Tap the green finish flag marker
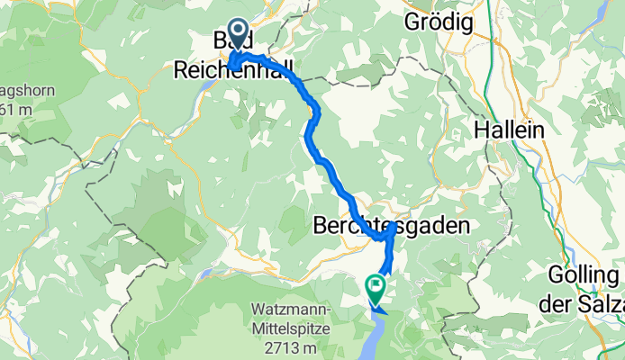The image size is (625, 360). click(x=375, y=287)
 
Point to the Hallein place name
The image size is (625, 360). click(x=510, y=130)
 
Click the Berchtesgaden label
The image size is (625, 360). click(x=392, y=227)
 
